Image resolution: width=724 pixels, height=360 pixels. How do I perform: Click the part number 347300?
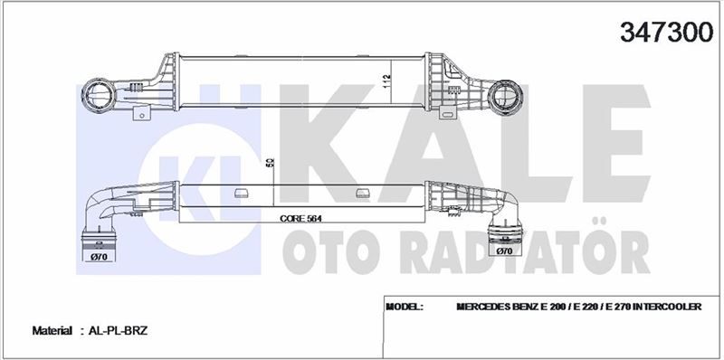pos(666,33)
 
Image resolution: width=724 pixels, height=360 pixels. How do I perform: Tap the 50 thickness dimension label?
pos(270,163)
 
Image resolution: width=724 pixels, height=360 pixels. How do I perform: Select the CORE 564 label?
pos(300,219)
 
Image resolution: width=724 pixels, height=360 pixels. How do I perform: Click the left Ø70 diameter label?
pos(100,257)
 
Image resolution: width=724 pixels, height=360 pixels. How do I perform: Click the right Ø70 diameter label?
pos(506,251)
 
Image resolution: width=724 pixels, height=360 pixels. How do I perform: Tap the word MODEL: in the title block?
pos(405,307)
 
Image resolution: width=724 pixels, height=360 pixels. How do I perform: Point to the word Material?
pos(52,330)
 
